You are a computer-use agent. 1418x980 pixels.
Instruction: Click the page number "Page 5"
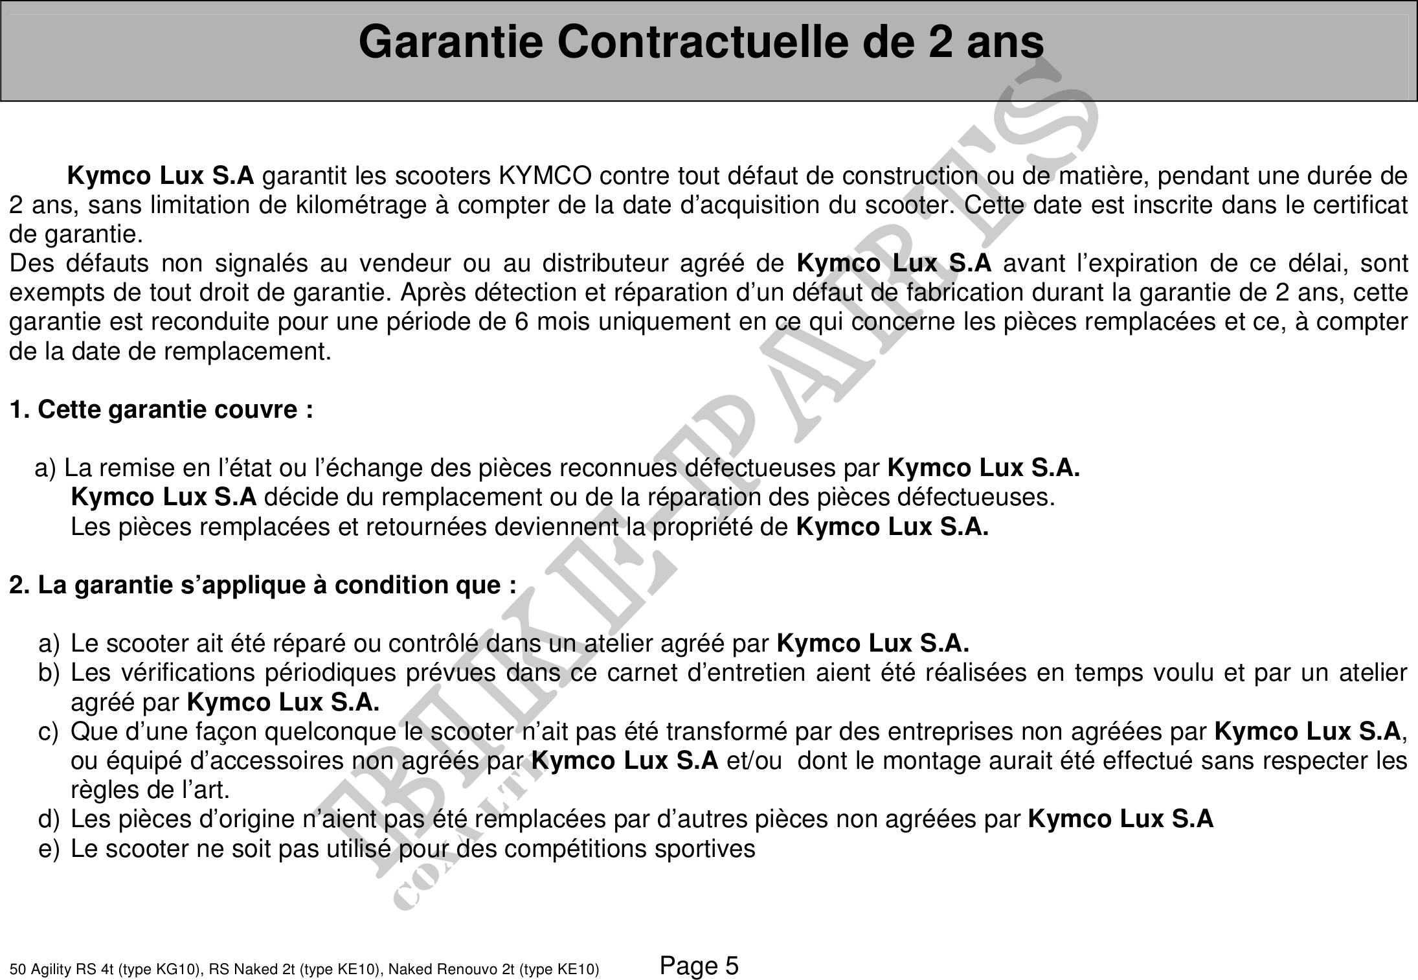[699, 966]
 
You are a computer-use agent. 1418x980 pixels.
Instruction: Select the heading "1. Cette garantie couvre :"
[161, 409]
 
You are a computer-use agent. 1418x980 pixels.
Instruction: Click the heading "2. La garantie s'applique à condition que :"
[262, 585]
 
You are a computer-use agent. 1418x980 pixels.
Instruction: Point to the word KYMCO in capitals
[545, 176]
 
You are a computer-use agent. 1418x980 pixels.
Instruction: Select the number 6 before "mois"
[521, 322]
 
